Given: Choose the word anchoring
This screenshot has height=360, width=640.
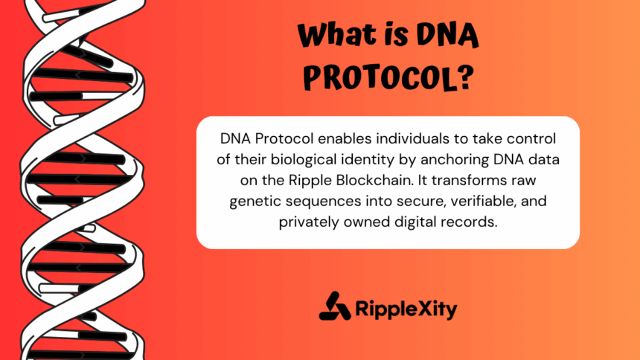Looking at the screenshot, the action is click(455, 160).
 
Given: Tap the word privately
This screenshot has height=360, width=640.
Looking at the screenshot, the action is click(309, 222).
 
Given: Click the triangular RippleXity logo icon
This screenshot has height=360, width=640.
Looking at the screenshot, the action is click(335, 306).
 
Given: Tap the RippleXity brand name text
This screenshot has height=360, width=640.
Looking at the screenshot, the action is click(406, 309).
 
